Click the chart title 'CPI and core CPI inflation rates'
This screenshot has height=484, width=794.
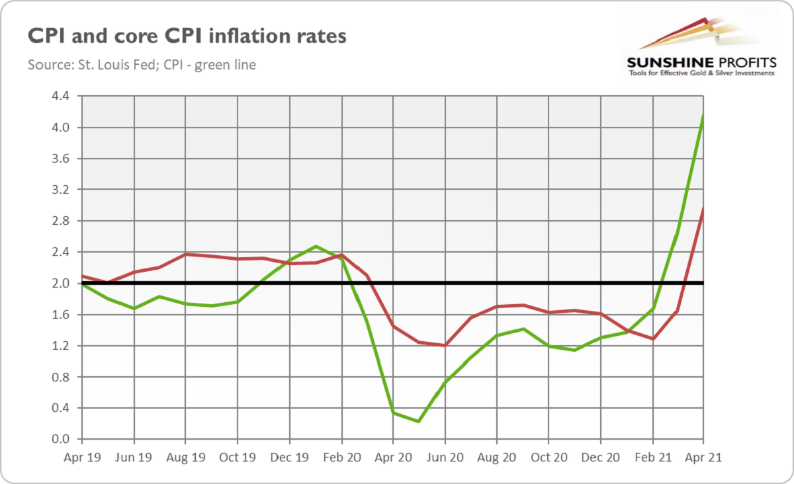pyautogui.click(x=187, y=36)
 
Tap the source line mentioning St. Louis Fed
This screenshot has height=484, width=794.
pyautogui.click(x=142, y=65)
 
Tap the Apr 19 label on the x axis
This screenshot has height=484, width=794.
pyautogui.click(x=82, y=456)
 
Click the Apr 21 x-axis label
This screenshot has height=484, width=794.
pyautogui.click(x=703, y=456)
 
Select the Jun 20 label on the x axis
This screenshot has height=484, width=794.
pyautogui.click(x=445, y=456)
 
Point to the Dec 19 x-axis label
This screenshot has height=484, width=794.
pyautogui.click(x=289, y=456)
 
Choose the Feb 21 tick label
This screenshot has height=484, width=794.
pyautogui.click(x=652, y=456)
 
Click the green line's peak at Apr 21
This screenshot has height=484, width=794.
pyautogui.click(x=703, y=115)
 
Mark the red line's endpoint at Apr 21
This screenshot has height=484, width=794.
pyautogui.click(x=703, y=209)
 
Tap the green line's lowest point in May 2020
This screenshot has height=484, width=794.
pyautogui.click(x=419, y=421)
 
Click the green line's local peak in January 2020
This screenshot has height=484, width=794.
pyautogui.click(x=316, y=247)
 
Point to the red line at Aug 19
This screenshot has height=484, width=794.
pyautogui.click(x=186, y=254)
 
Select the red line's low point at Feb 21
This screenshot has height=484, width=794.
pyautogui.click(x=652, y=339)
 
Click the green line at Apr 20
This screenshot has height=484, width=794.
pyautogui.click(x=393, y=413)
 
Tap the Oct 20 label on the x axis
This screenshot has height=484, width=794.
pyautogui.click(x=549, y=456)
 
